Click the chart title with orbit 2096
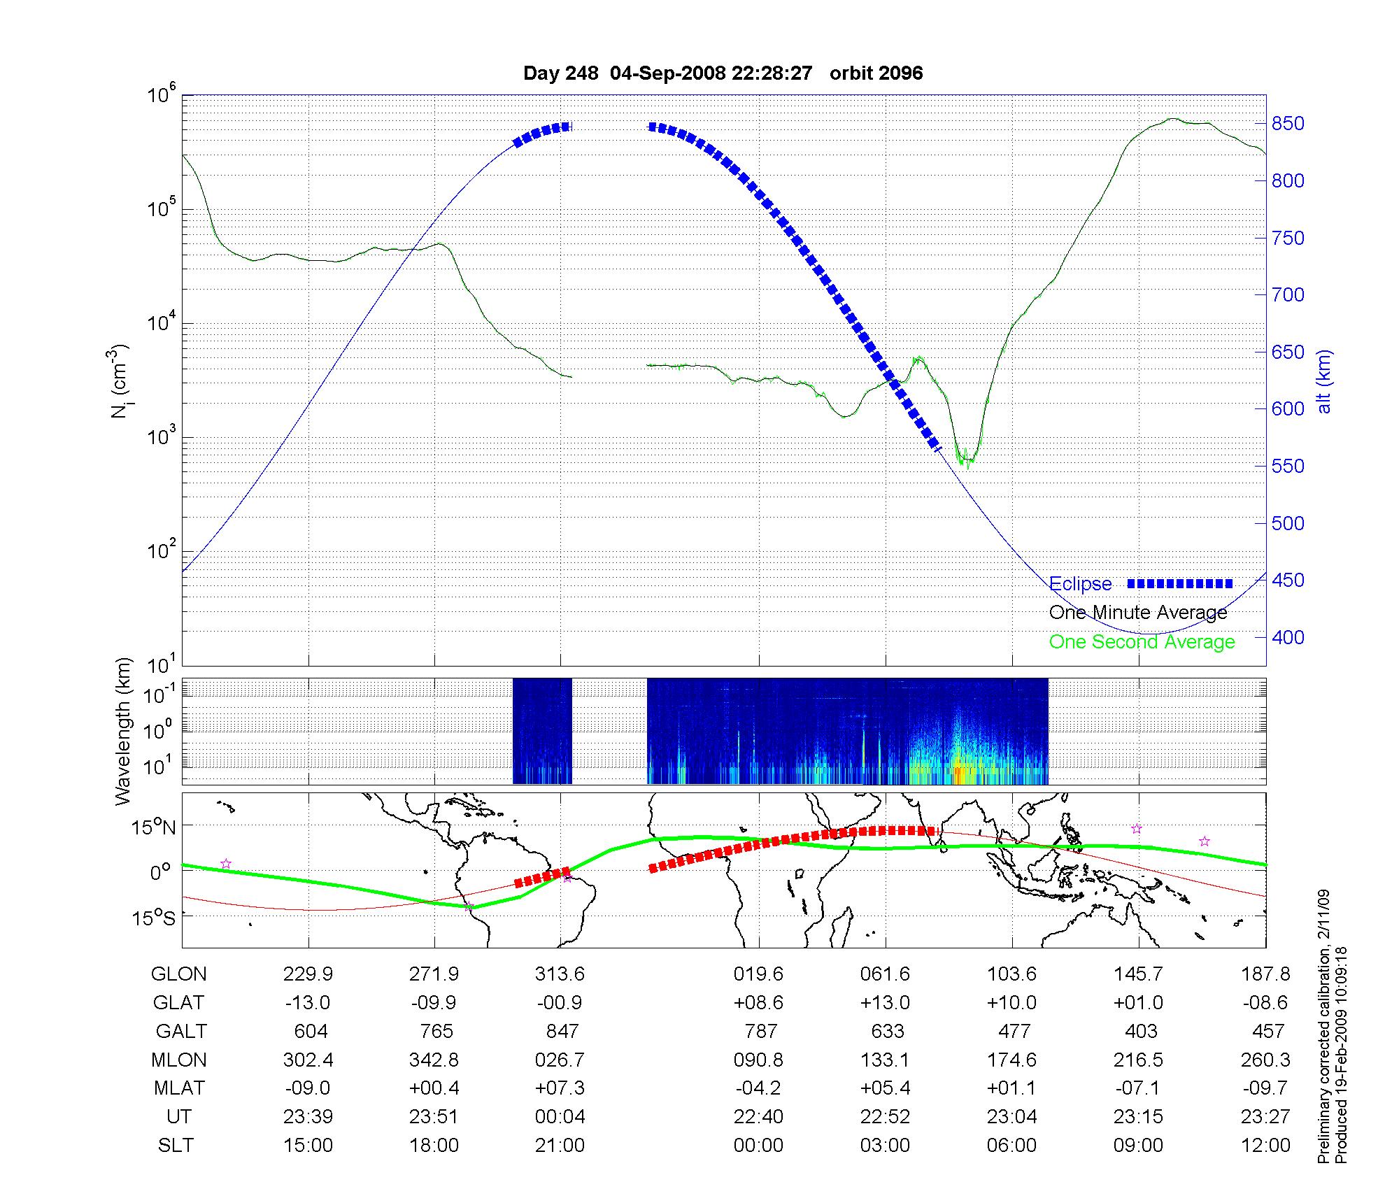click(723, 73)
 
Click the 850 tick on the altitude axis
click(1287, 124)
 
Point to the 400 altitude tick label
click(1287, 637)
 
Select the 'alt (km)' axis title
click(1324, 381)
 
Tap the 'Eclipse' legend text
click(1080, 584)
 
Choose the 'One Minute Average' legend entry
click(1138, 613)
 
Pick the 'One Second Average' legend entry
click(1142, 642)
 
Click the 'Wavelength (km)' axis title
click(124, 731)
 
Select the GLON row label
click(179, 974)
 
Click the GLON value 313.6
click(560, 974)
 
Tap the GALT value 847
click(562, 1032)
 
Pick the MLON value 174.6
click(1011, 1060)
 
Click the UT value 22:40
click(758, 1117)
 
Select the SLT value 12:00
click(1265, 1146)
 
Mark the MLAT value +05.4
click(885, 1088)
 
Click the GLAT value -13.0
click(308, 1003)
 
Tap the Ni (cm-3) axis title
click(120, 381)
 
